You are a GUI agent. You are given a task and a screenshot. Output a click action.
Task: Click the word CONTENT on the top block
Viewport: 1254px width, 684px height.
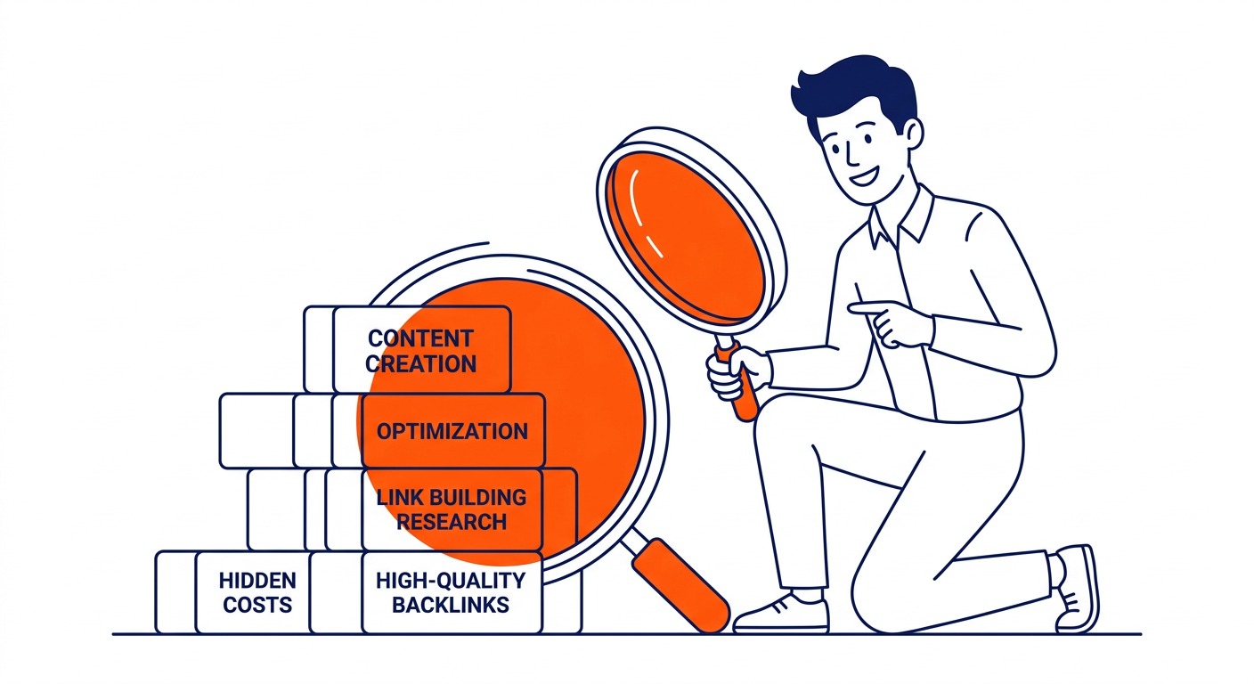pyautogui.click(x=421, y=338)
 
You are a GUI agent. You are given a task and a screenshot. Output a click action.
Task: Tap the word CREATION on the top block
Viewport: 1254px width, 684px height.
pyautogui.click(x=421, y=364)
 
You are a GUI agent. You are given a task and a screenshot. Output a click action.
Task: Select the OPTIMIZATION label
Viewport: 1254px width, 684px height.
pyautogui.click(x=452, y=432)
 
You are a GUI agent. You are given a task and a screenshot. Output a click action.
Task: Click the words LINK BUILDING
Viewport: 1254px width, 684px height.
pyautogui.click(x=452, y=497)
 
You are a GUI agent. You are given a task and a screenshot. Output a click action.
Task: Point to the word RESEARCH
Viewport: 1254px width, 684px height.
pyautogui.click(x=452, y=522)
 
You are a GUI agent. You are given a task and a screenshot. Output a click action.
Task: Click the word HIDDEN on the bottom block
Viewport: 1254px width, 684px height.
pyautogui.click(x=257, y=581)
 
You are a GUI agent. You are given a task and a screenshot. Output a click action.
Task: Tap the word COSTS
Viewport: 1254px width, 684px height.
pyautogui.click(x=257, y=605)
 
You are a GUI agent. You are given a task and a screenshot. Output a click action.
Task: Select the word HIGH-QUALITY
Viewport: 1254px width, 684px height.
pyautogui.click(x=451, y=581)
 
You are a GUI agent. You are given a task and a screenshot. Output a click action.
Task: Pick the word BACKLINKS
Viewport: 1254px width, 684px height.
pyautogui.click(x=451, y=605)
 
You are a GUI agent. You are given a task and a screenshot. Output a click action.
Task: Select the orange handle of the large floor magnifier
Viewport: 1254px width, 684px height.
pyautogui.click(x=681, y=585)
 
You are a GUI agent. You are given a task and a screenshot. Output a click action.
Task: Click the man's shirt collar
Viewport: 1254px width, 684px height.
pyautogui.click(x=900, y=221)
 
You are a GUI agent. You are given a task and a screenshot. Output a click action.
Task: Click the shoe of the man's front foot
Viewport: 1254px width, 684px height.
pyautogui.click(x=781, y=615)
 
